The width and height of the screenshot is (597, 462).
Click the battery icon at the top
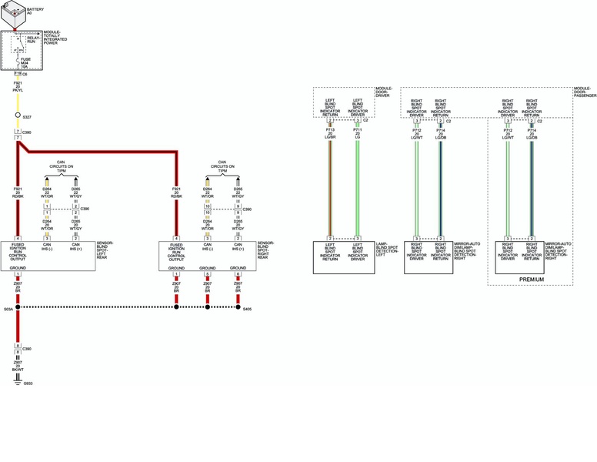click(14, 15)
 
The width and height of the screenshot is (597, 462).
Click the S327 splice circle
click(18, 115)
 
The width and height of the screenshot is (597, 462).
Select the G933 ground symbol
click(17, 382)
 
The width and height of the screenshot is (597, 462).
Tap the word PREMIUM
click(531, 280)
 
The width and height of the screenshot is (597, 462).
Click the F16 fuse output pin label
click(17, 73)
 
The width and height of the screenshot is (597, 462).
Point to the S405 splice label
click(246, 309)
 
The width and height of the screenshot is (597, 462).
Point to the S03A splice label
click(8, 309)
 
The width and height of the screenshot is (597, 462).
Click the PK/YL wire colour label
click(18, 90)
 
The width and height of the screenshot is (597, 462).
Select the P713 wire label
click(330, 130)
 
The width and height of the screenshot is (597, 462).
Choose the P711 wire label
click(358, 130)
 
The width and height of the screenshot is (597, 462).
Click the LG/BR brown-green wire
click(330, 185)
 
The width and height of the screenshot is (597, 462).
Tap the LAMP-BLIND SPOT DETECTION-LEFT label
click(386, 249)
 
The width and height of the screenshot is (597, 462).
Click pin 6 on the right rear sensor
click(238, 274)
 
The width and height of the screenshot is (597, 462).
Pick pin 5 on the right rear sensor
click(207, 274)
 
